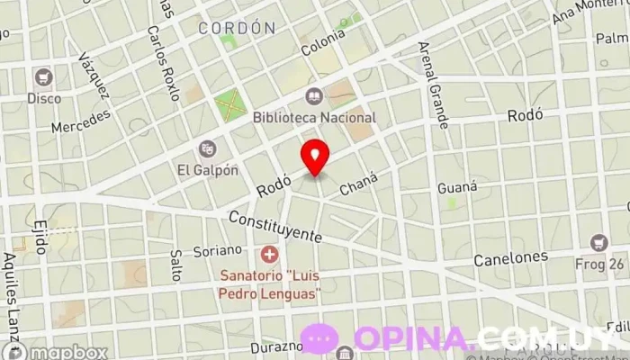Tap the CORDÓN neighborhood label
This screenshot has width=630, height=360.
point(237,28)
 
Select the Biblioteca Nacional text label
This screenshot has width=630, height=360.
point(314,117)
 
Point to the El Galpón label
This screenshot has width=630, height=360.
point(208,169)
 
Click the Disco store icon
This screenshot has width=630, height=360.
point(43,77)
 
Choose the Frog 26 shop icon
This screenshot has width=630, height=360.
point(599,243)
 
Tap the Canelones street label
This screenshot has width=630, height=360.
point(510,258)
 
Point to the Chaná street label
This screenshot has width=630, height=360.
point(356,186)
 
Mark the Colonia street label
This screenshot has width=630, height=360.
point(323,43)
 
